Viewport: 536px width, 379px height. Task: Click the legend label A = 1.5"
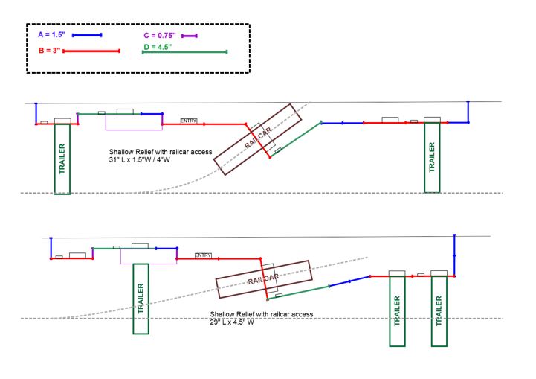point(51,35)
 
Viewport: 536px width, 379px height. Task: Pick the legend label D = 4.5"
point(157,47)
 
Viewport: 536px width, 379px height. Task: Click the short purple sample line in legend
point(188,36)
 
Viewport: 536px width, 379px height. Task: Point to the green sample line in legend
point(184,51)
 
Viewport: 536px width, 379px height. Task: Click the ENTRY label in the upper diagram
point(189,121)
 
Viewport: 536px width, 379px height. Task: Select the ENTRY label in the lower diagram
point(203,255)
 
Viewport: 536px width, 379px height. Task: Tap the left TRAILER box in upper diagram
point(62,159)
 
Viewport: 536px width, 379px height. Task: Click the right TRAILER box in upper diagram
point(432,157)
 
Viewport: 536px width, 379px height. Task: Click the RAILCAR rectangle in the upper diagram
point(254,138)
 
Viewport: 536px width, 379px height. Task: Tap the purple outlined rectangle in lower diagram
point(148,255)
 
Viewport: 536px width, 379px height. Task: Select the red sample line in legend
point(91,51)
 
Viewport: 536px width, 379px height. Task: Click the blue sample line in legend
point(86,35)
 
